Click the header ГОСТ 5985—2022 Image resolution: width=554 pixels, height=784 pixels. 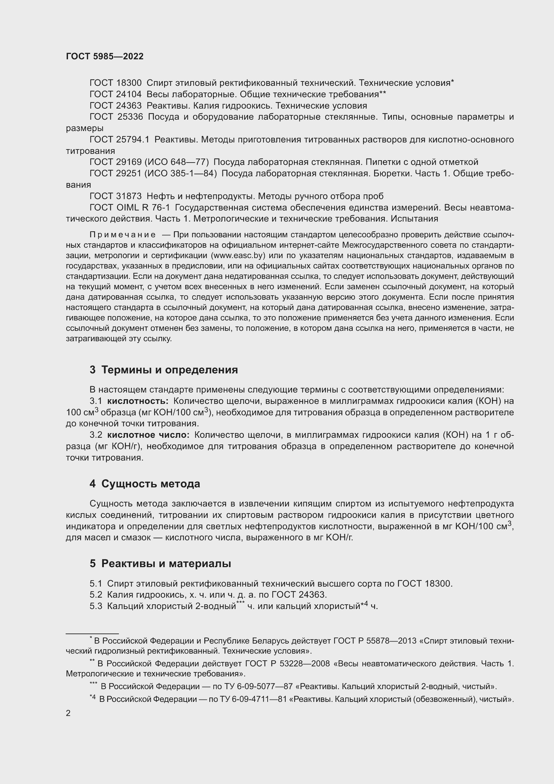105,56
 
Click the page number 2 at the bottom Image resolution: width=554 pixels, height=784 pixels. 68,713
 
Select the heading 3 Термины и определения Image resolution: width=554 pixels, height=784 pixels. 164,370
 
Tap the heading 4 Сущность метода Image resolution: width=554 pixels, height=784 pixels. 145,484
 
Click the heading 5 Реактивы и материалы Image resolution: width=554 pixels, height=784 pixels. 160,563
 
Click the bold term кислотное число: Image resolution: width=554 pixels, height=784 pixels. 148,435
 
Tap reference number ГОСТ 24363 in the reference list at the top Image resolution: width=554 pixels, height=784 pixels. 115,106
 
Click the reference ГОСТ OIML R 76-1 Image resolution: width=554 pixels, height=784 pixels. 130,207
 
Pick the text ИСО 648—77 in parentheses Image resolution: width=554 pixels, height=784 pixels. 177,162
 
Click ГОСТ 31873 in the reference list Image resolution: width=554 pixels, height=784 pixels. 115,196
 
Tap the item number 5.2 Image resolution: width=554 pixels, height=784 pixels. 96,595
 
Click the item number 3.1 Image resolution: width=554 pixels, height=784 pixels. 96,401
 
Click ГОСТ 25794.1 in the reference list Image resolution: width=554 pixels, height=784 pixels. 119,140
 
